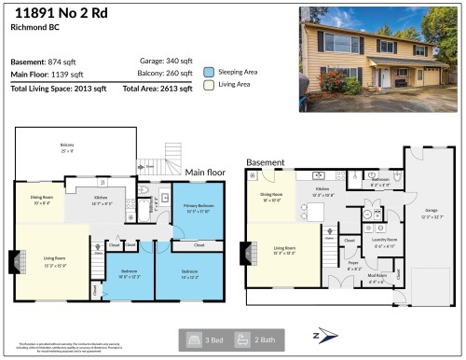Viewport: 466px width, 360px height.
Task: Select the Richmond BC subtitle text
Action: (31, 28)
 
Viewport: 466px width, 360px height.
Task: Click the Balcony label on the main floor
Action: (67, 145)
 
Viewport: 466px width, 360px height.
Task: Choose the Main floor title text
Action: (205, 173)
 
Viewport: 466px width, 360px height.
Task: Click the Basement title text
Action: (265, 161)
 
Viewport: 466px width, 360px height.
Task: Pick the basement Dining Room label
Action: (277, 197)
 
